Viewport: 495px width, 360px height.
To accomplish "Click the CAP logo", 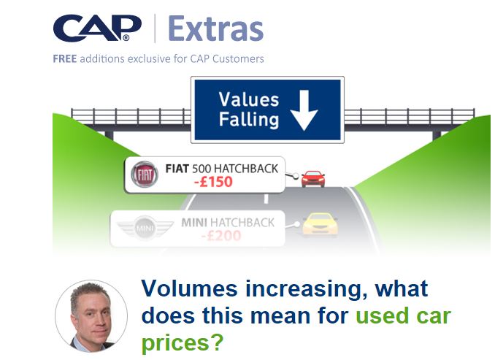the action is coord(97,28).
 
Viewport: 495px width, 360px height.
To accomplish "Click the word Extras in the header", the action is coord(216,28).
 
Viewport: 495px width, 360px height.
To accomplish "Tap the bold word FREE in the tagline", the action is coord(65,58).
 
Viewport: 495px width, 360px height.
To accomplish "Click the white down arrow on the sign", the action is coord(304,110).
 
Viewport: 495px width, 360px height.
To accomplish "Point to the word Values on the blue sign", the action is coord(249,100).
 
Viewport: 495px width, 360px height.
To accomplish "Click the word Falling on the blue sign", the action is coord(249,120).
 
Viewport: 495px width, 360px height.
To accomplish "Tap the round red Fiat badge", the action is coord(145,174).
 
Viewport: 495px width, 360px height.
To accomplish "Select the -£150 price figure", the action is coord(213,182).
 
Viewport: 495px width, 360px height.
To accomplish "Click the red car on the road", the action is coord(313,179).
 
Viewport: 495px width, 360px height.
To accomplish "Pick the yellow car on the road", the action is coord(320,224).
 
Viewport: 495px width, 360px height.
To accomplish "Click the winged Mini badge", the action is coord(145,227).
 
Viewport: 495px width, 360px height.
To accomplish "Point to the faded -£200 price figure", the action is coord(221,236).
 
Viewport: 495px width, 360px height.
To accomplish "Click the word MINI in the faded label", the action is coord(194,223).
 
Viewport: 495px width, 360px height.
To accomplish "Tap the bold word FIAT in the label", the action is coord(177,169).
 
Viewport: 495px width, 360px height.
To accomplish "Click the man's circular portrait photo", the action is coord(91,316).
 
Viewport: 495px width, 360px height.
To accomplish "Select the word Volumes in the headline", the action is coord(189,288).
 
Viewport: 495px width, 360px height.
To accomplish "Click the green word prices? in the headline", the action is coord(183,342).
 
